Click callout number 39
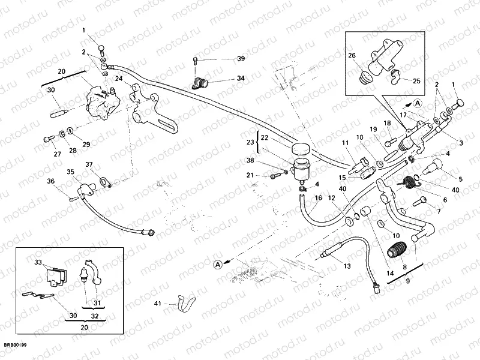[241, 59]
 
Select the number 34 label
[241, 79]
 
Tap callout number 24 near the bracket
[119, 79]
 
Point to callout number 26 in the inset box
[352, 56]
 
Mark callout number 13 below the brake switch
[347, 266]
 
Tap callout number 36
[51, 181]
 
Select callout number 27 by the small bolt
[58, 154]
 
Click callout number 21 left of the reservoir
[250, 175]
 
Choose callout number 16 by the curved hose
[319, 198]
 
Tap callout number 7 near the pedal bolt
[439, 211]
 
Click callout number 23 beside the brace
[250, 142]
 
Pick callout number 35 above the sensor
[71, 172]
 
